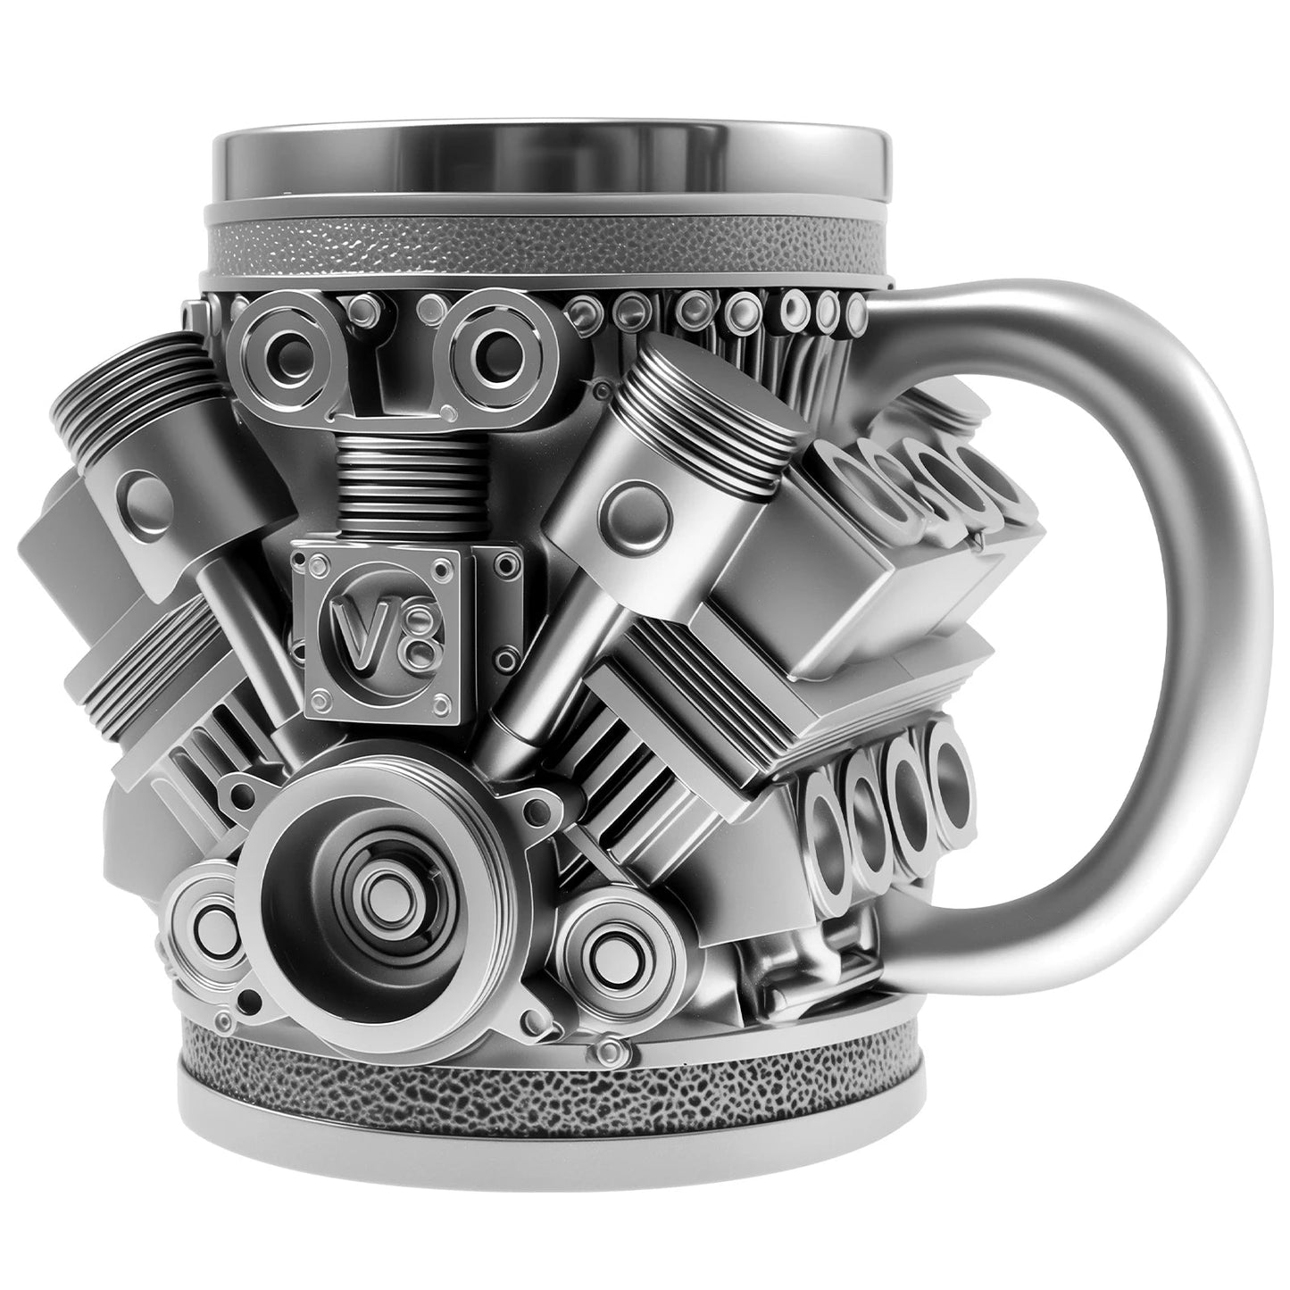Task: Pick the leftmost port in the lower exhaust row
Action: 826,813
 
